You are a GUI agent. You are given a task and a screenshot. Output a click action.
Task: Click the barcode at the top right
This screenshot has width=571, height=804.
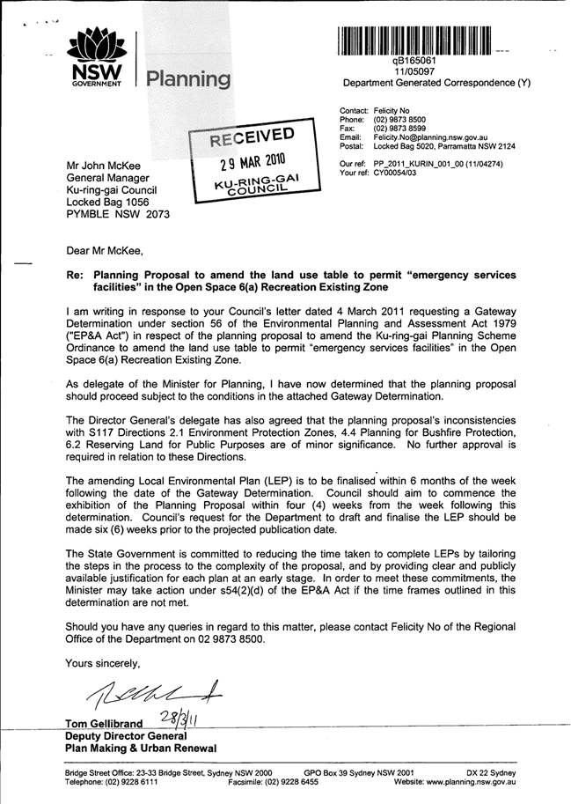click(x=414, y=41)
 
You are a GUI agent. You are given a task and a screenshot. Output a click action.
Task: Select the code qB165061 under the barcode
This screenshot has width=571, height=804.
click(x=414, y=61)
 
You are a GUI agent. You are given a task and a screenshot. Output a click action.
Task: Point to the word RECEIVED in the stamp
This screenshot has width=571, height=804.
click(x=251, y=139)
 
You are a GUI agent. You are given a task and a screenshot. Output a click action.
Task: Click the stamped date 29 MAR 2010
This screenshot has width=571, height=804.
click(x=251, y=162)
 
